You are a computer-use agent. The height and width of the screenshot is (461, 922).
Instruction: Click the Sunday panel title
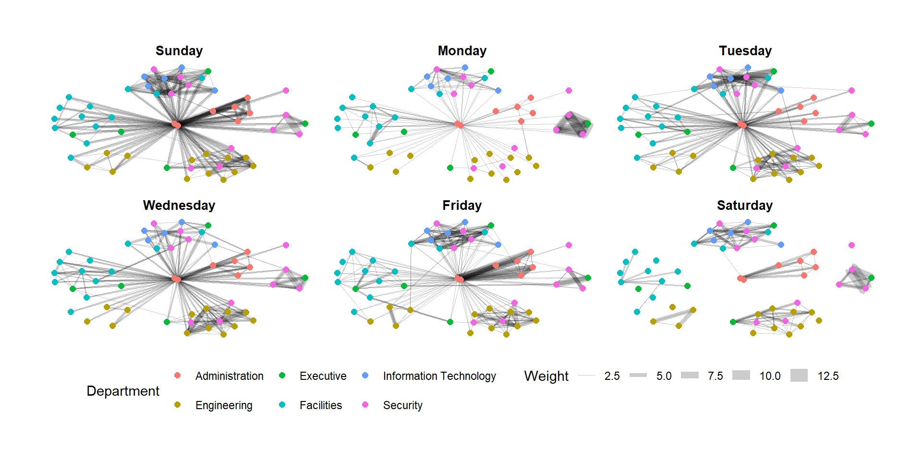pos(179,51)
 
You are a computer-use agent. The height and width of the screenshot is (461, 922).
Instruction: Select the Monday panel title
pos(462,51)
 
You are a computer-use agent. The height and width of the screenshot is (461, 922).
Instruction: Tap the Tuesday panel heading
pos(745,51)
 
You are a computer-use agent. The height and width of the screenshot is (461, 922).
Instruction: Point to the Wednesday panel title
pos(179,206)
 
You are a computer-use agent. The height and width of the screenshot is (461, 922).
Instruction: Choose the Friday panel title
pos(462,206)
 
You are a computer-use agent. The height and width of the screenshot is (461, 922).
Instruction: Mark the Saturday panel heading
pos(745,206)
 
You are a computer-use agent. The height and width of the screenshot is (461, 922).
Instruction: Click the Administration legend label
pos(230,376)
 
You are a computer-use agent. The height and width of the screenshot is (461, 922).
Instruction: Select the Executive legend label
pos(323,376)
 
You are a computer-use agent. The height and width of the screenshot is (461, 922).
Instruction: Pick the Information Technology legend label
pos(439,376)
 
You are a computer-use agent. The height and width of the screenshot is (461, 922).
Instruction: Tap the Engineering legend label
pos(224,405)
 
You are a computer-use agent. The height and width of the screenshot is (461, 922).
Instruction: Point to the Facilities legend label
pos(321,405)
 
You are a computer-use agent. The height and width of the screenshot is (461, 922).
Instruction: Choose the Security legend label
pos(403,405)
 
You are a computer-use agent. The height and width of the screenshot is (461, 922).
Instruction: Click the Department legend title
pos(123,391)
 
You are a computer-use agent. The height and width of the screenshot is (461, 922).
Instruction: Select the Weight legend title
pos(546,376)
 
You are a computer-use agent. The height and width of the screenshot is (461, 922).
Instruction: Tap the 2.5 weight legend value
pos(612,376)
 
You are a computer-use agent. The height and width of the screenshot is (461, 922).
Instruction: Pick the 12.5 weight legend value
pos(828,376)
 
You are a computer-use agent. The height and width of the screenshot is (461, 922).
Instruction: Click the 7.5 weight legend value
pos(715,376)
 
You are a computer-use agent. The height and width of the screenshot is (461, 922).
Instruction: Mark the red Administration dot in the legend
pos(178,376)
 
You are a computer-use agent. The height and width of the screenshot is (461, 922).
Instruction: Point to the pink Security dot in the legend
pos(365,405)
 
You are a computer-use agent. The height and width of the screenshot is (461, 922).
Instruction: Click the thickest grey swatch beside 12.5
pos(799,376)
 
